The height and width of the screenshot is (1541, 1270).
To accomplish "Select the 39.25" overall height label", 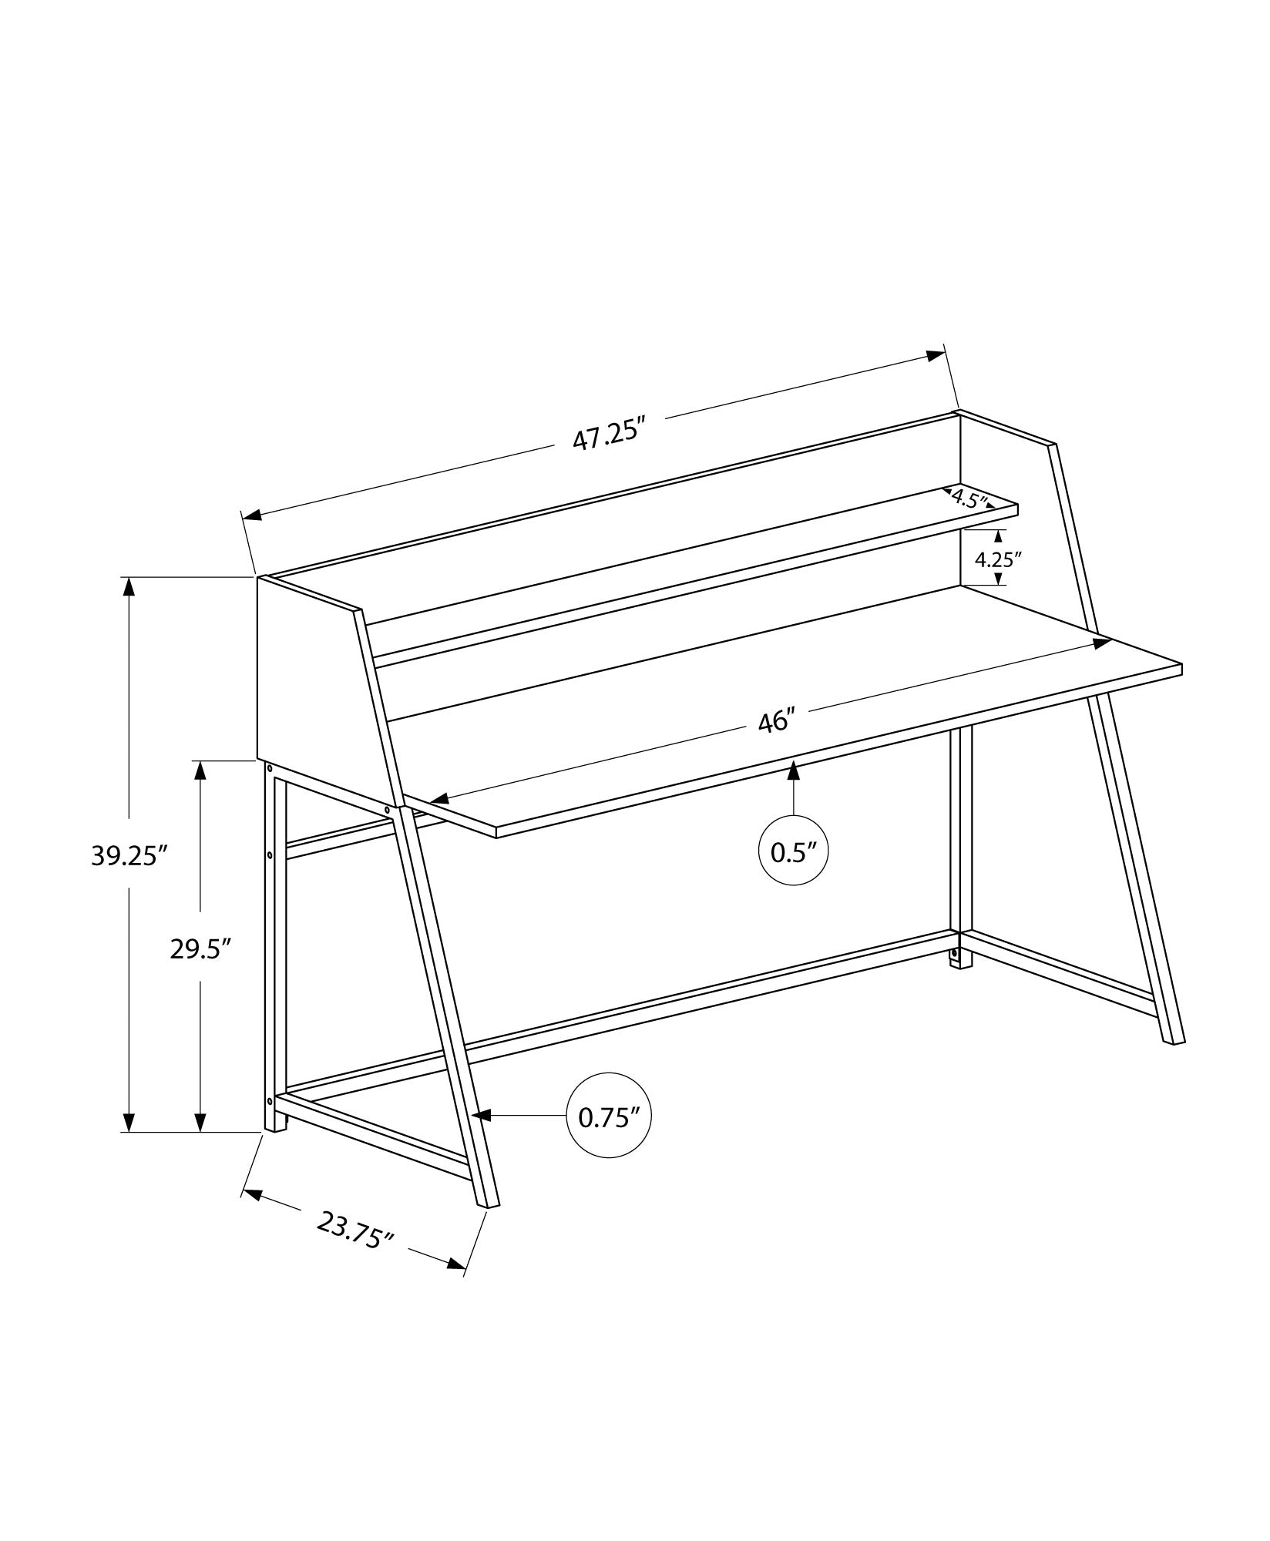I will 129,856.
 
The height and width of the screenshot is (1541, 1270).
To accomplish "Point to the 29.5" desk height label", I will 201,948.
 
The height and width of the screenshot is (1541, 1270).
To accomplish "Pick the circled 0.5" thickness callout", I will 794,851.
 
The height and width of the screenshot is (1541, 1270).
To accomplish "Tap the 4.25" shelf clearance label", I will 998,559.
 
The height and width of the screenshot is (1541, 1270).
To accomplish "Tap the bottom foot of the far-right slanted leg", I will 1174,1042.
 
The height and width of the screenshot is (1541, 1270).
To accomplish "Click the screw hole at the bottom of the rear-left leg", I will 270,1100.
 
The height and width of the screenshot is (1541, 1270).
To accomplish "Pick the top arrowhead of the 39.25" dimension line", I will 129,586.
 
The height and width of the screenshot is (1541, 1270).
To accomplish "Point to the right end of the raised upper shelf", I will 1016,509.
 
